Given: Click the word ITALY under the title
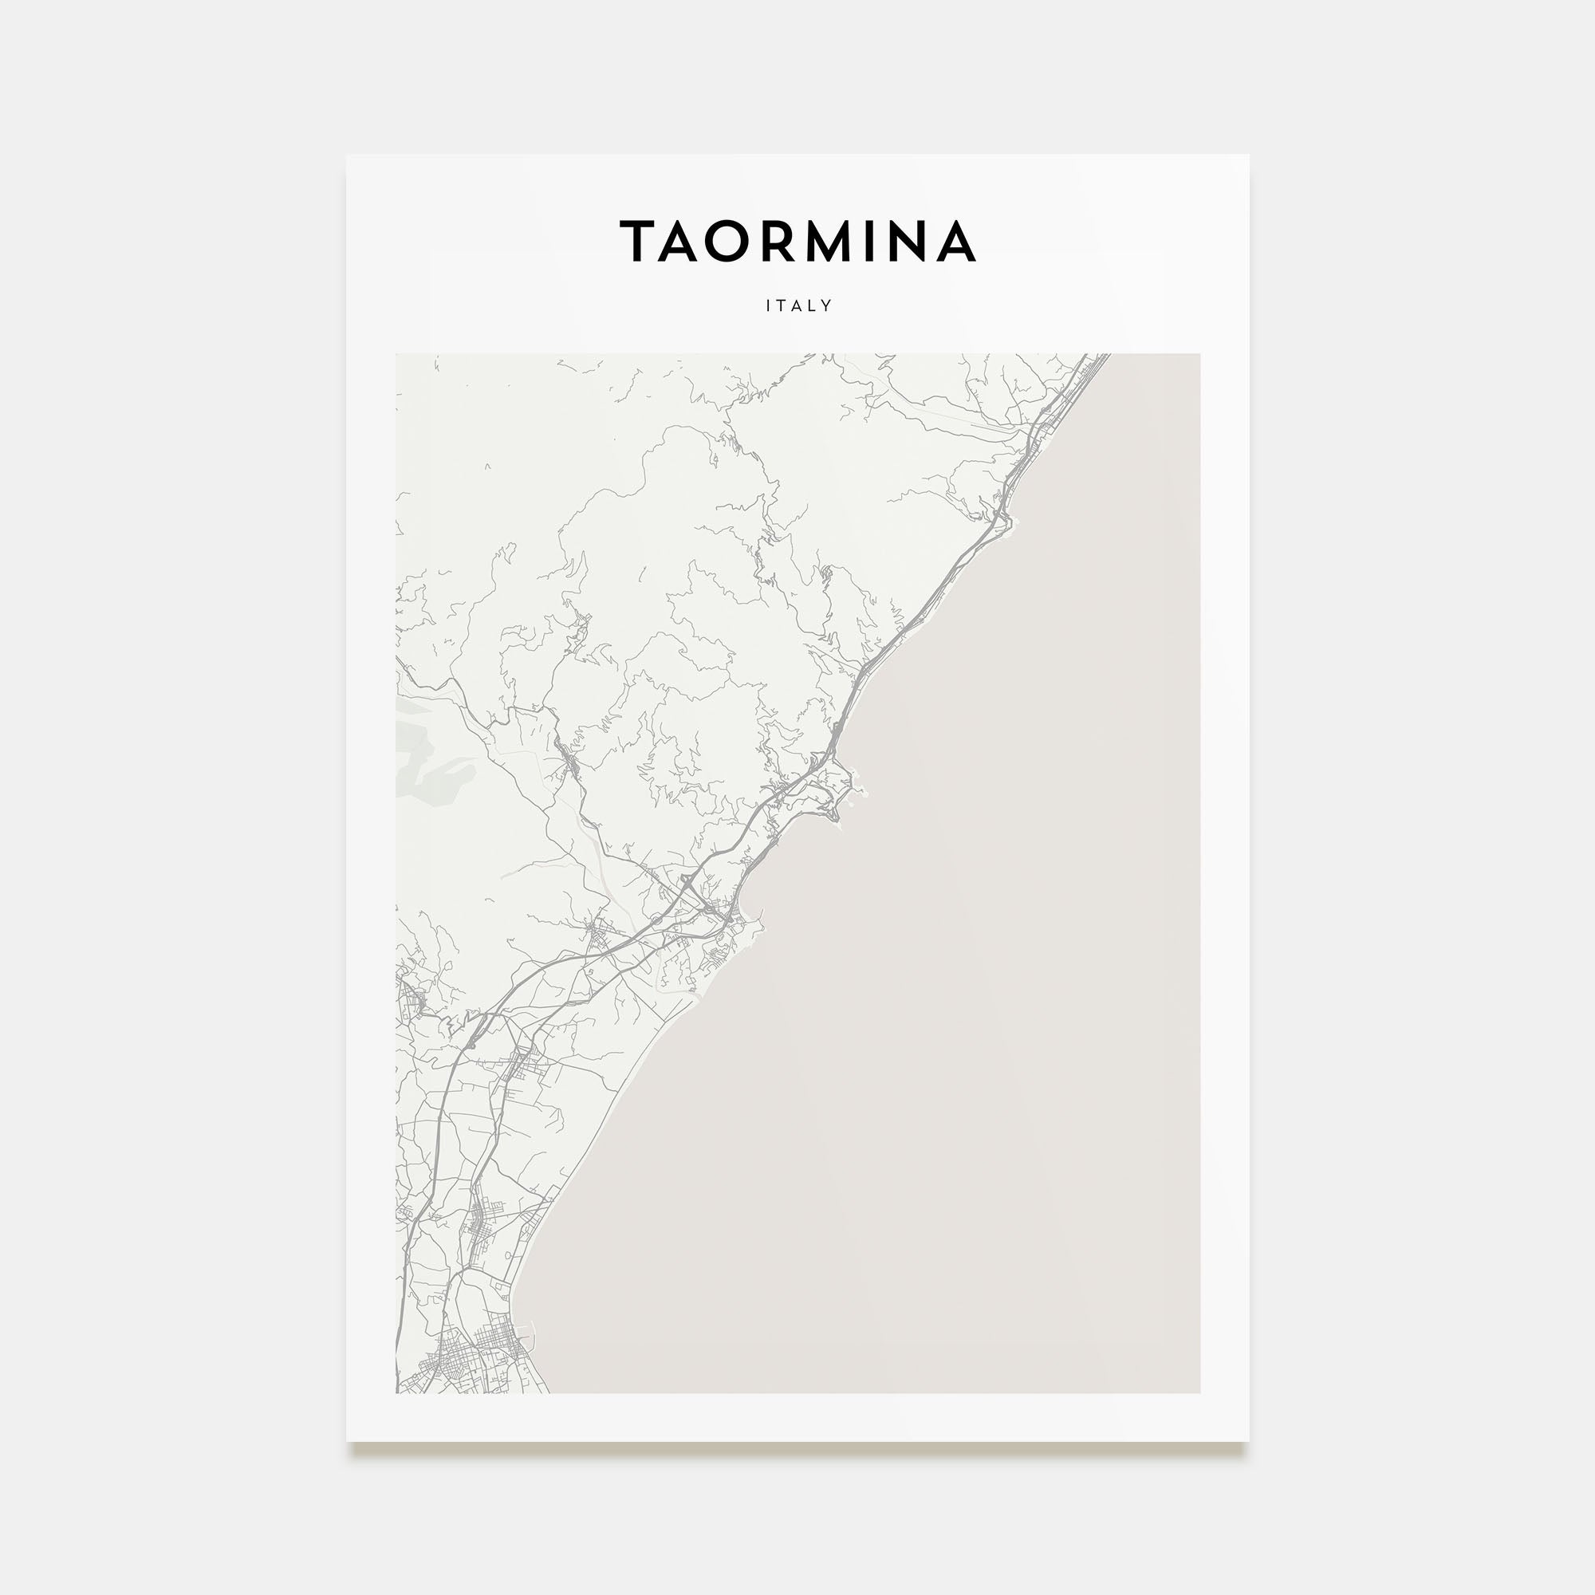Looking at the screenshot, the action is [798, 305].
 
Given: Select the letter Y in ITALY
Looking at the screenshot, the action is [827, 305].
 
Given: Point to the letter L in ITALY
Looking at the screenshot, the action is [813, 305].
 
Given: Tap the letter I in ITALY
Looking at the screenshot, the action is [769, 305].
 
